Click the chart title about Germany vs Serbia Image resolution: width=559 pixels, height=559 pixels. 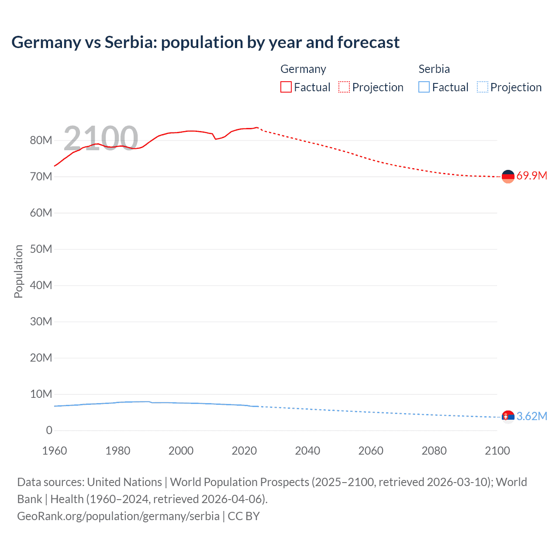click(205, 42)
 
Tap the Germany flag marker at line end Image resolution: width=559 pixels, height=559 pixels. click(508, 176)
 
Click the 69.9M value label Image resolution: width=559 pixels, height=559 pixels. click(531, 176)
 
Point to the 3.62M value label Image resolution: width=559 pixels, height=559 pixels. click(531, 416)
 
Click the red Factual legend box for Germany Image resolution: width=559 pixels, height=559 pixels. click(286, 87)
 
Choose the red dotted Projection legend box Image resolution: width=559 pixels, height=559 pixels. click(344, 87)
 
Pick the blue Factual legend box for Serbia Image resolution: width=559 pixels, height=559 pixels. click(424, 87)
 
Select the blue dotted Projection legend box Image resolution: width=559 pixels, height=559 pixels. click(483, 87)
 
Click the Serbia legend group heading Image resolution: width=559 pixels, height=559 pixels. click(434, 69)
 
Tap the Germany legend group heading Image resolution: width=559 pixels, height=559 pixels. click(303, 69)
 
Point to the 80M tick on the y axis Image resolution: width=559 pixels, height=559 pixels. click(41, 140)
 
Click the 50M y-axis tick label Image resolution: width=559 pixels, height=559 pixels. click(41, 249)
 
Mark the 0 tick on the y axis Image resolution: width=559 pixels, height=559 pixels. click(49, 430)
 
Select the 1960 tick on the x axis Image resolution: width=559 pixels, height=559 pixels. click(55, 451)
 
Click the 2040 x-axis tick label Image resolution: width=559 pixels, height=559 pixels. click(307, 451)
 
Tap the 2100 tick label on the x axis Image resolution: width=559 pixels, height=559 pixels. click(497, 451)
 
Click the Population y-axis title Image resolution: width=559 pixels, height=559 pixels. click(18, 271)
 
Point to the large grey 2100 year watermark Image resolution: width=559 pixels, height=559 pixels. click(101, 138)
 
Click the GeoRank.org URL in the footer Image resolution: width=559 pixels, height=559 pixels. click(118, 516)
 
